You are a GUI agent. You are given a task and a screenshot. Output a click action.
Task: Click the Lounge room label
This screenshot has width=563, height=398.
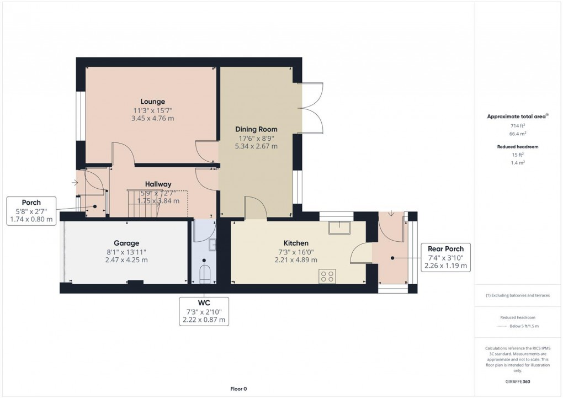click(x=152, y=102)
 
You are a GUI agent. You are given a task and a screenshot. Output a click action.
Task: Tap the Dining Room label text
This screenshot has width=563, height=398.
click(x=256, y=129)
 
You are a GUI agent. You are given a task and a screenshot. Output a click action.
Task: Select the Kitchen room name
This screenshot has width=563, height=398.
click(x=296, y=243)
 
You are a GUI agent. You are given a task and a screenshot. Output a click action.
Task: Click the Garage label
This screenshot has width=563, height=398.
click(x=126, y=243)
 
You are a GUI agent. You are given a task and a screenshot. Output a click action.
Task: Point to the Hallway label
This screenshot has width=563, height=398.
click(x=158, y=184)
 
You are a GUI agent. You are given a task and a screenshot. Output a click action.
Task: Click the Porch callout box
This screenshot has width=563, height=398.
click(x=31, y=211)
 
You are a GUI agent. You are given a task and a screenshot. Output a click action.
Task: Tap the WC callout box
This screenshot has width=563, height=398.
click(x=204, y=311)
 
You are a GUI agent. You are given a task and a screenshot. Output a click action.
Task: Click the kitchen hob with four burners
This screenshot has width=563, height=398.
click(x=327, y=276)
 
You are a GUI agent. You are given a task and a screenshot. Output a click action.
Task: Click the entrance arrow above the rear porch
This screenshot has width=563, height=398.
click(x=391, y=214)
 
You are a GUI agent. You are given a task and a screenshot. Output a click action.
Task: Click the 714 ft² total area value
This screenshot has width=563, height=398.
click(x=517, y=126)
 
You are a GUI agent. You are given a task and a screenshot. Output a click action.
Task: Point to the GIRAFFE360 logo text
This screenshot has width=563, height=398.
click(x=517, y=381)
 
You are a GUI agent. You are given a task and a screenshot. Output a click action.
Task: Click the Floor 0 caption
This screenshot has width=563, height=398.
click(x=238, y=389)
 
